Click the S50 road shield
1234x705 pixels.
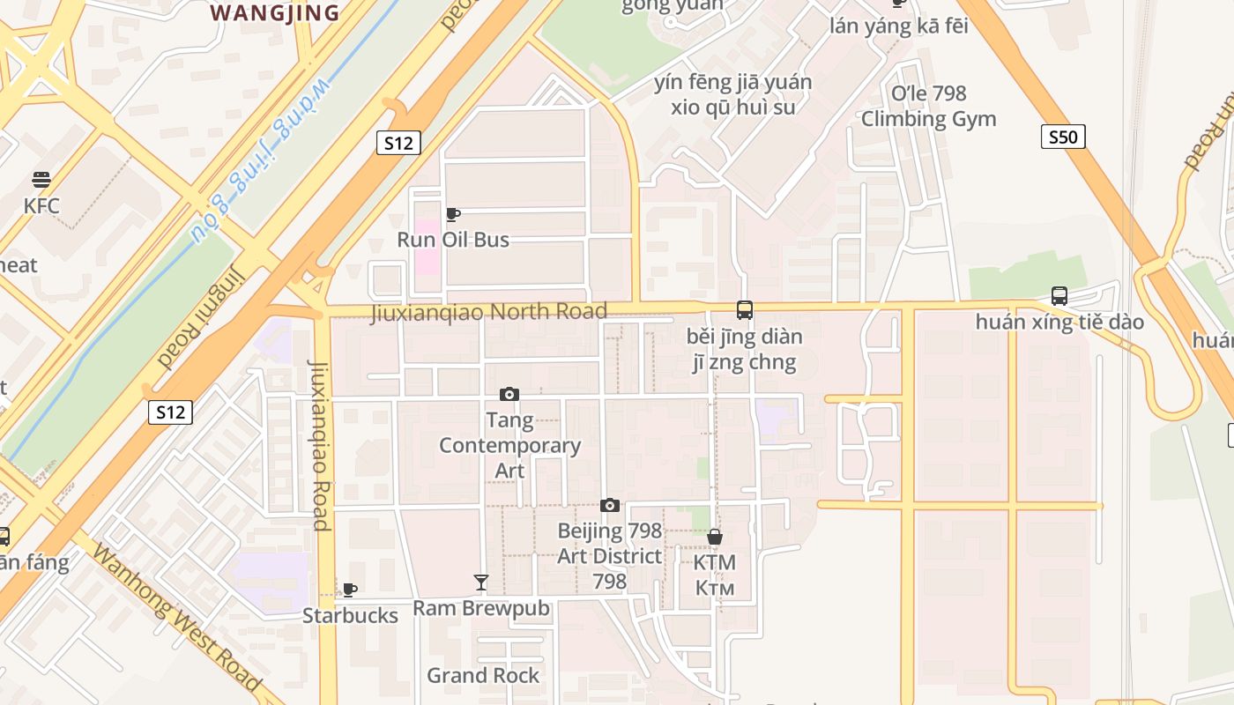(x=1063, y=137)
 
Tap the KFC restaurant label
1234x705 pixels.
(x=41, y=206)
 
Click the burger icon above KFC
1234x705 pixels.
(x=41, y=180)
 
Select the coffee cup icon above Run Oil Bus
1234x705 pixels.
(x=453, y=214)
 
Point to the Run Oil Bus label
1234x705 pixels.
(x=453, y=239)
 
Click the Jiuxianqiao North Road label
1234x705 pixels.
(x=488, y=311)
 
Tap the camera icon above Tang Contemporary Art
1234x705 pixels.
(x=509, y=394)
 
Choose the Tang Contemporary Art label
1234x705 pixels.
(x=509, y=445)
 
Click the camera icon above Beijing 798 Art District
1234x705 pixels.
(x=609, y=505)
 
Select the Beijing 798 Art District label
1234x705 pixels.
(x=609, y=556)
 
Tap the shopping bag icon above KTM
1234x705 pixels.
(x=715, y=537)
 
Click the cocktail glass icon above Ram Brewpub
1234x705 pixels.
(x=481, y=583)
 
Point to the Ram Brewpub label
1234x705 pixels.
(x=481, y=608)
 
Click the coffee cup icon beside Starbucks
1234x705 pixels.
(x=350, y=590)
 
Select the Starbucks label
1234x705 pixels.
(x=350, y=615)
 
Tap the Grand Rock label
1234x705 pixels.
(x=483, y=675)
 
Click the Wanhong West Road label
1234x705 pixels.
(x=177, y=619)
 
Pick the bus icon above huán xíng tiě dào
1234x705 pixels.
(x=1059, y=296)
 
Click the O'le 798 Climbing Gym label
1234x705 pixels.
(x=929, y=106)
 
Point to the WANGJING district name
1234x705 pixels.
(x=276, y=12)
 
